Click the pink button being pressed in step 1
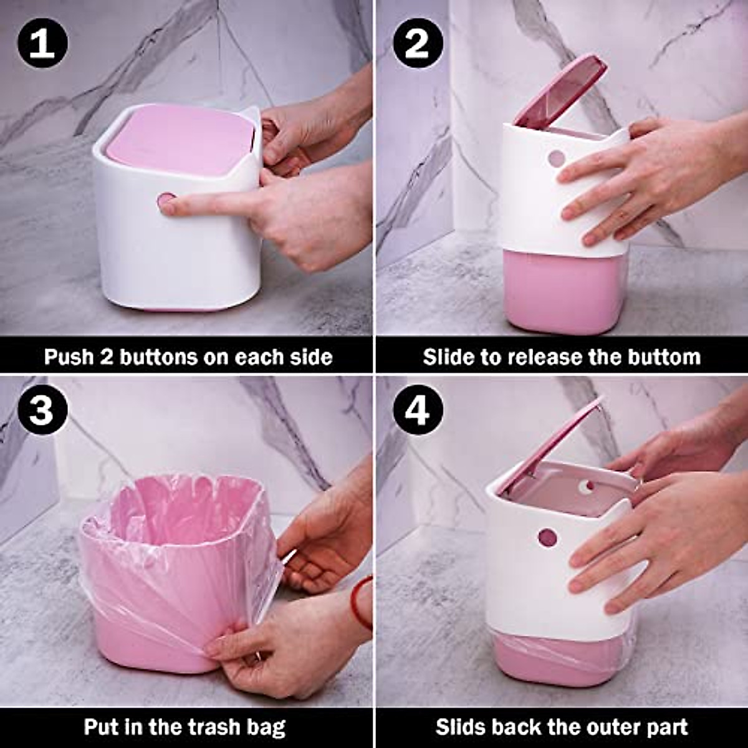tap(166, 202)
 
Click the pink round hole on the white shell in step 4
tap(547, 536)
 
